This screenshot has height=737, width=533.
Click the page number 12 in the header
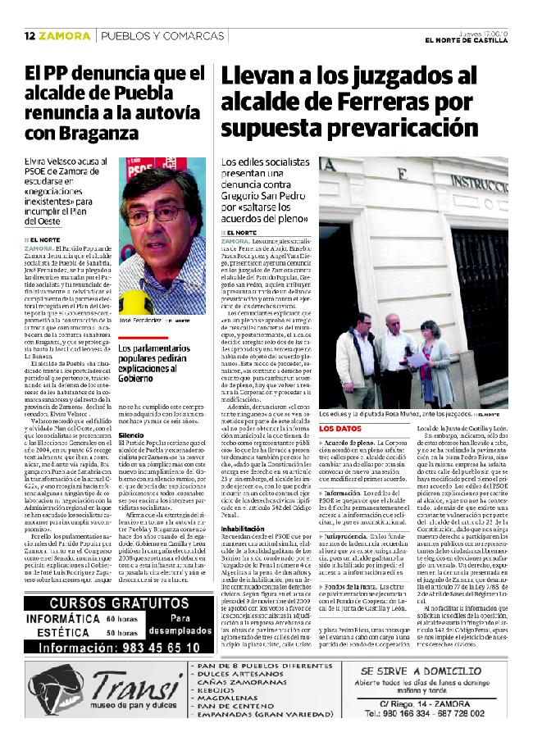pos(29,36)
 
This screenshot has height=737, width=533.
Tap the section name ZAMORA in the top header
pos(65,36)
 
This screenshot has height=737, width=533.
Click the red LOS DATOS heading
pos(340,429)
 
